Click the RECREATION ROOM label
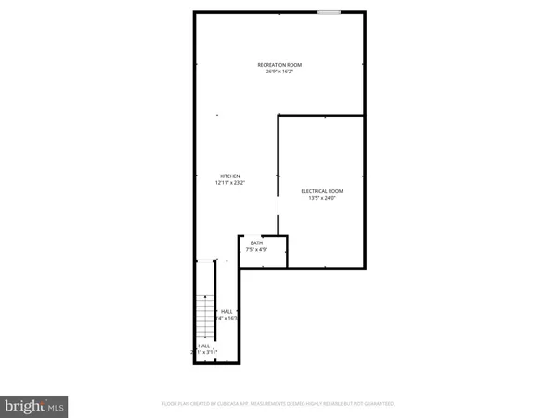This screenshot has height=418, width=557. coord(279,64)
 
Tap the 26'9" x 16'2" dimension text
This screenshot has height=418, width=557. coord(279,72)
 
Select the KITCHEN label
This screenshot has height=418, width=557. coord(229,176)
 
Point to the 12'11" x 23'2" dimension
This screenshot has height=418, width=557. coord(229,183)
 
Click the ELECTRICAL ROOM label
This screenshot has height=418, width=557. coord(321,191)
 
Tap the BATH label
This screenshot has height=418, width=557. coord(256,243)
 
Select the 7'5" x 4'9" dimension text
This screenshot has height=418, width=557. coord(256,250)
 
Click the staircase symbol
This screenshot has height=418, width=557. coord(205,320)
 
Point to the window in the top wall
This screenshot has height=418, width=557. coord(329,12)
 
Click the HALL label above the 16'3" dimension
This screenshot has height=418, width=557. coord(227,311)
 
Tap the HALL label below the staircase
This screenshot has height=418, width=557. coord(203,346)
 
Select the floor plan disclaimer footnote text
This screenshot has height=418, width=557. coord(278,404)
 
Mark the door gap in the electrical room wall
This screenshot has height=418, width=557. coord(278,205)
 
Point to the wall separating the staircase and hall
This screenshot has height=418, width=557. coord(215,307)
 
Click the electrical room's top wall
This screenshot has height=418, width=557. coord(320,115)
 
